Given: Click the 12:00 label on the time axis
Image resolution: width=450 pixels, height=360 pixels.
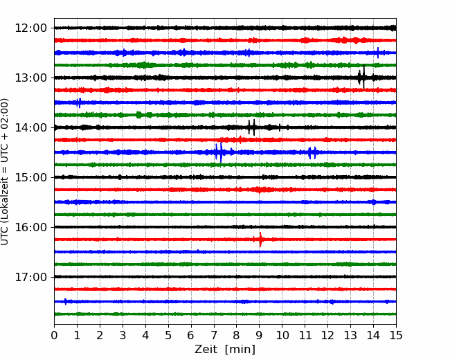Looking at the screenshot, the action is point(30,28).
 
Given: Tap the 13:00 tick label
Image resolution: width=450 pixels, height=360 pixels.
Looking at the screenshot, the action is point(30,78).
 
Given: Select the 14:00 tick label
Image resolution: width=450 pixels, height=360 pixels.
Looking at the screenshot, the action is point(30,127).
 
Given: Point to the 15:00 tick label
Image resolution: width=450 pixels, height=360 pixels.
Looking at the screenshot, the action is point(30,177).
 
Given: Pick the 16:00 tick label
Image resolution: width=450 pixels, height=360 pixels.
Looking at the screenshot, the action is point(30,227).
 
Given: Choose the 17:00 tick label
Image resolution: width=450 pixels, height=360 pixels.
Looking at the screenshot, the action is point(30,277).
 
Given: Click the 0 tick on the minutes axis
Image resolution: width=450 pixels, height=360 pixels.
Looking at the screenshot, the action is point(54,335).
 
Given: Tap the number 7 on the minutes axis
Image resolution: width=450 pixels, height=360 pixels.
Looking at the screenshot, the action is point(214,335).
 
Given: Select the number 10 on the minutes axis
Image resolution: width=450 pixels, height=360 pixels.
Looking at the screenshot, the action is point(282,335).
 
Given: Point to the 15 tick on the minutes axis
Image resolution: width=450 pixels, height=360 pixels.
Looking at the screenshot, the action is point(396,335).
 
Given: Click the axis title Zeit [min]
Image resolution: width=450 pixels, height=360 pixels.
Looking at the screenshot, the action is point(225,350).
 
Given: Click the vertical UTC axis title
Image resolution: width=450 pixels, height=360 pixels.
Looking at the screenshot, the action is point(4,172).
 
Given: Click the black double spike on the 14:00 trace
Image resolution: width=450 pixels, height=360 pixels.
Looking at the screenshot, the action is point(252,127).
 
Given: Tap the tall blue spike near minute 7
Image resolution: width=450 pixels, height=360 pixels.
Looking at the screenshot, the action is point(219,152).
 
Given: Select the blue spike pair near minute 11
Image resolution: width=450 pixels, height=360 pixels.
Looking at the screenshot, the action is point(312,153).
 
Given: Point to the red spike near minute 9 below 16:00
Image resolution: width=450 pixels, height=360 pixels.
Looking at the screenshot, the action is point(260,240).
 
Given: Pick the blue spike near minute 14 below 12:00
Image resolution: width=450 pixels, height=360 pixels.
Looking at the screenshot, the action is point(378,53).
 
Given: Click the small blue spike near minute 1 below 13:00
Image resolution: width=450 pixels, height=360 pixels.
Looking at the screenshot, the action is point(79,102).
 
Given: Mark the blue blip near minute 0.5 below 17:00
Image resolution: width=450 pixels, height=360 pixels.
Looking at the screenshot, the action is point(66,301).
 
